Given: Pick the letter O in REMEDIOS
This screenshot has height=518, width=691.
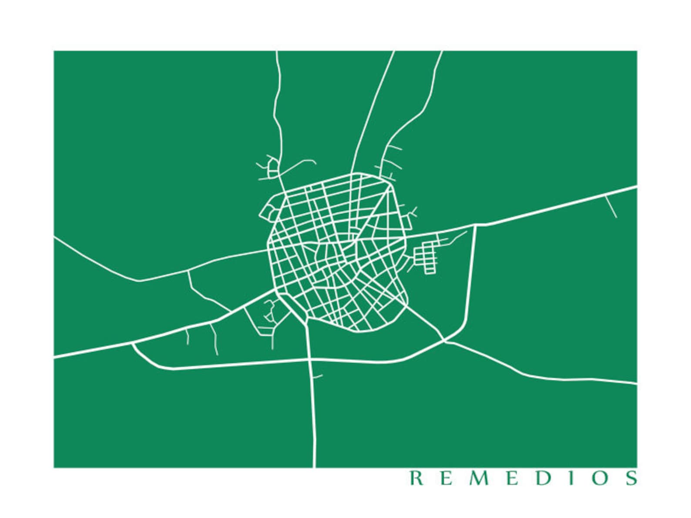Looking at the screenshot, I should [599, 478].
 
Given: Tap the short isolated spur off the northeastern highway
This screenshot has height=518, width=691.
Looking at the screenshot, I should [611, 206].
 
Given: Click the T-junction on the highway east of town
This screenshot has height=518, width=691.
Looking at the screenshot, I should [475, 225].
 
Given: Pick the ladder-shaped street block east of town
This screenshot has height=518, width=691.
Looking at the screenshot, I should [429, 257].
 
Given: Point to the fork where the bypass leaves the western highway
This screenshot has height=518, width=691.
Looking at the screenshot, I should [132, 343].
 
